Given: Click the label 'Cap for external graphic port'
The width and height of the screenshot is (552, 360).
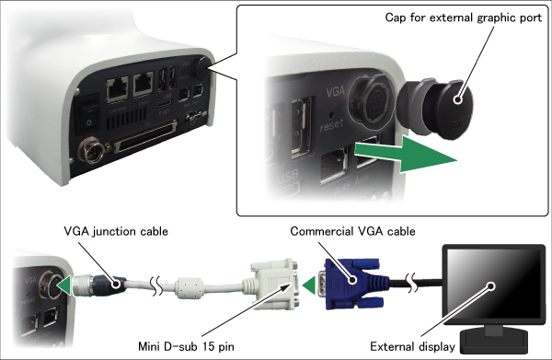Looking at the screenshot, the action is (464, 18).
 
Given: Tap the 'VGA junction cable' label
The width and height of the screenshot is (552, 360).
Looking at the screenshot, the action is (116, 231).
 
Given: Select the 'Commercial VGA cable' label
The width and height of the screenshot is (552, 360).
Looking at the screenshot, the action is (352, 231).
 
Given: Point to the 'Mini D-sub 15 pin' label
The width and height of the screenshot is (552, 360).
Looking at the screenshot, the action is (186, 346).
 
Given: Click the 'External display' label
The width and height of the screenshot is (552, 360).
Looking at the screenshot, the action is (412, 346).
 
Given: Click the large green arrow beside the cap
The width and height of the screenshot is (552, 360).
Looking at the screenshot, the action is (405, 154).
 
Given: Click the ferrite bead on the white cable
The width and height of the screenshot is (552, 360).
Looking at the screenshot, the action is (189, 287).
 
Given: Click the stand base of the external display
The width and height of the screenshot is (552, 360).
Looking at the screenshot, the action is (494, 341).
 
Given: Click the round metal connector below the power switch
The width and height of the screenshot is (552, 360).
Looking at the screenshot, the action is (91, 150).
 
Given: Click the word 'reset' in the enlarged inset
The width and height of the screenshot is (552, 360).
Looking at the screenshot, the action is (331, 125).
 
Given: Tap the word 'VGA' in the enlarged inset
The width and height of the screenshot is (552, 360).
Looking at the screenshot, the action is (335, 91).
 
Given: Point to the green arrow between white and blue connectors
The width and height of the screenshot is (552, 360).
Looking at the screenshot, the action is (309, 285).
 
